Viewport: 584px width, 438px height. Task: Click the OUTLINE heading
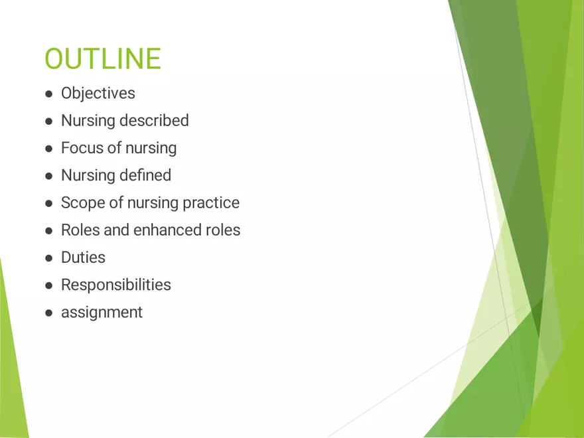click(102, 59)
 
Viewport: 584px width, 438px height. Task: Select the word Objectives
click(98, 94)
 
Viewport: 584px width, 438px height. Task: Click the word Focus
click(80, 148)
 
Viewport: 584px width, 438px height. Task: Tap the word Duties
click(83, 257)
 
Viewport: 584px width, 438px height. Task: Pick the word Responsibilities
click(116, 285)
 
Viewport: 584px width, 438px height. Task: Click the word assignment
click(102, 313)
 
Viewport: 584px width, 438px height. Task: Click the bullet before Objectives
click(48, 94)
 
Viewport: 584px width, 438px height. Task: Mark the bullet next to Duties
click(48, 258)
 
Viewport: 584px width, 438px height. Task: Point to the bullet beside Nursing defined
click(48, 176)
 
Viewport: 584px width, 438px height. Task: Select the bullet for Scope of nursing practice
click(48, 203)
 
